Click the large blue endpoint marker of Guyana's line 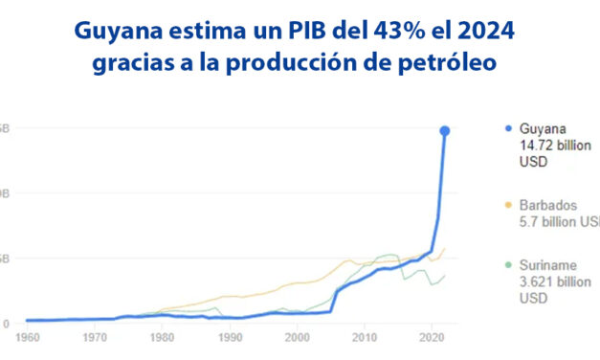pos(445,130)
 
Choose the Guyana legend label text pos(543,129)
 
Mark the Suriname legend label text pos(547,267)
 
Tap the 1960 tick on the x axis pos(27,339)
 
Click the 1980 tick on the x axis pos(162,339)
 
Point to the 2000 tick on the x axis pos(298,339)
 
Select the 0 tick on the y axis pos(6,324)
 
